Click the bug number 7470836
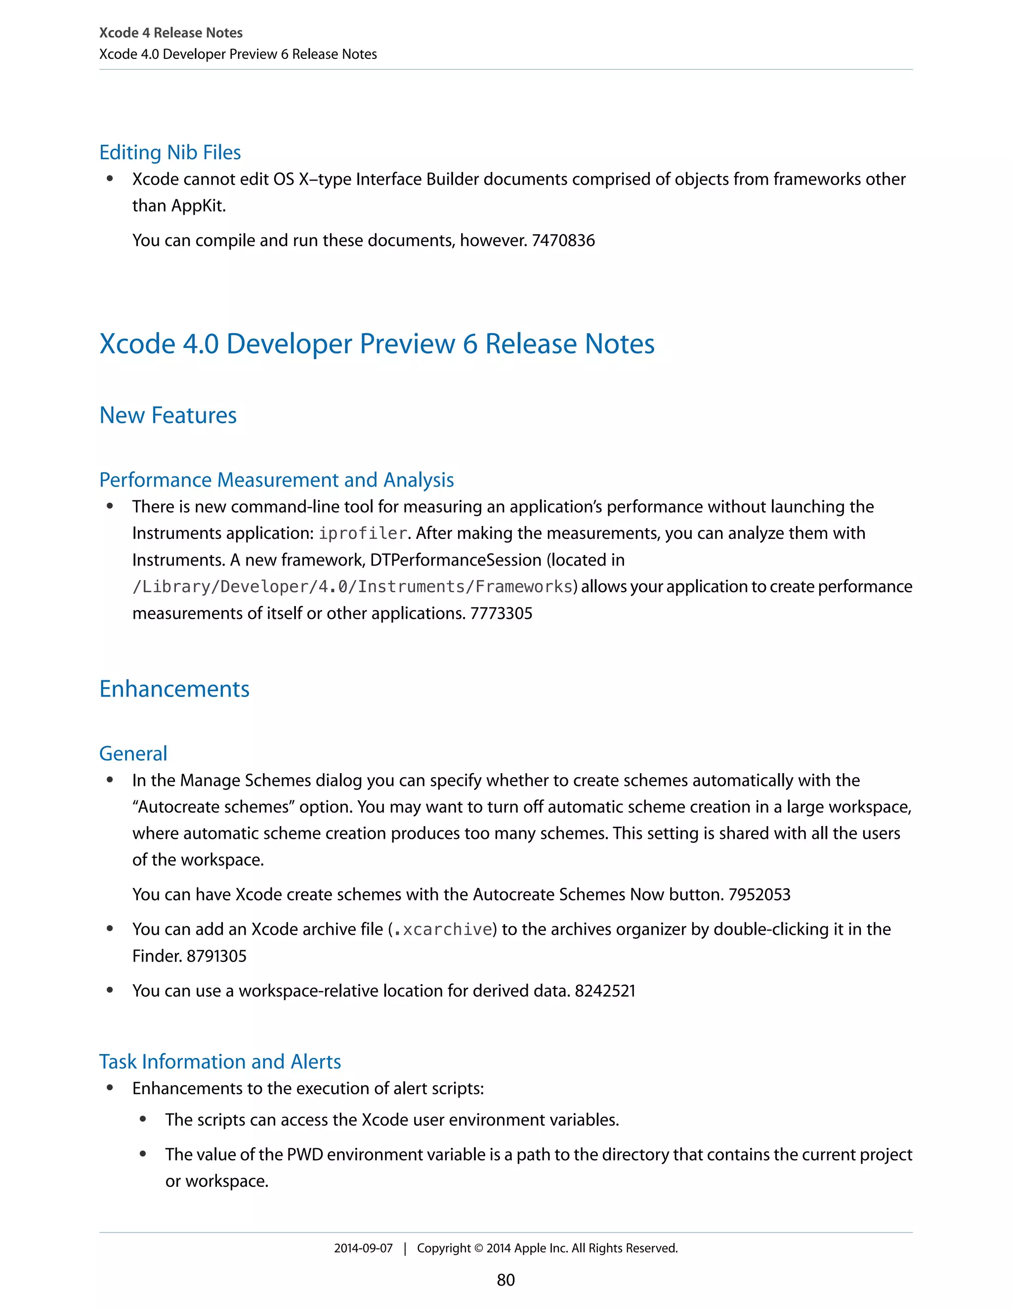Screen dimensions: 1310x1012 point(563,241)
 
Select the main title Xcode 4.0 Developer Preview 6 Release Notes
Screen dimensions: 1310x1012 point(377,344)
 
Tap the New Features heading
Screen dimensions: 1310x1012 point(168,415)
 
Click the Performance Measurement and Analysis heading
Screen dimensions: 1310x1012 point(276,480)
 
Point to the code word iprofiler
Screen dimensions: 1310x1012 point(363,533)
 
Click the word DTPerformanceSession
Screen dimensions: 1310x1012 point(455,560)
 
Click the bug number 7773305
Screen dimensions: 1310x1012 point(501,613)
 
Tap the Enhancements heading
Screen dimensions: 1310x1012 point(174,689)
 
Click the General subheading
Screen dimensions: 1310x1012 point(133,753)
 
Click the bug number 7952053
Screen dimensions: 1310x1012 point(759,894)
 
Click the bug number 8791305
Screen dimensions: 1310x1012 point(216,956)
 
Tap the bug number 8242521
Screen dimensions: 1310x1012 point(605,990)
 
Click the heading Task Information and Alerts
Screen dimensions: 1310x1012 point(220,1062)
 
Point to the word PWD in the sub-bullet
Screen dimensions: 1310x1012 point(305,1155)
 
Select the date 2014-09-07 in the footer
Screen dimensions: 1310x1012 point(363,1248)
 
